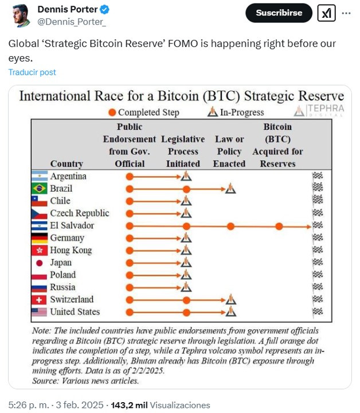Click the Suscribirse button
click(279, 13)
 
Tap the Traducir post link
click(32, 72)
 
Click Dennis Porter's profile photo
click(19, 15)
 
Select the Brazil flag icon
click(40, 189)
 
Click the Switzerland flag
click(40, 299)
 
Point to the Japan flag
click(40, 263)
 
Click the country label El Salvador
click(72, 225)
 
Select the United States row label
click(75, 312)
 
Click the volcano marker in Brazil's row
click(230, 189)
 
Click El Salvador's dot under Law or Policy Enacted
click(230, 226)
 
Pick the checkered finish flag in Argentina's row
click(318, 177)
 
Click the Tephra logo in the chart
click(319, 110)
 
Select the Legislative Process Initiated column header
click(183, 151)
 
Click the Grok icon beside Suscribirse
click(326, 13)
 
